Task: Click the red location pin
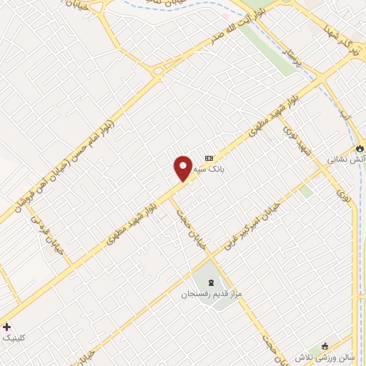pyautogui.click(x=183, y=167)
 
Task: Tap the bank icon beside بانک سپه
pyautogui.click(x=209, y=158)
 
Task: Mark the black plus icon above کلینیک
pyautogui.click(x=7, y=326)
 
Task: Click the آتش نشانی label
pyautogui.click(x=345, y=160)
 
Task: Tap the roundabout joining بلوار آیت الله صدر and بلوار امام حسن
pyautogui.click(x=158, y=70)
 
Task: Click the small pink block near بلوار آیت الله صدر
pyautogui.click(x=226, y=16)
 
